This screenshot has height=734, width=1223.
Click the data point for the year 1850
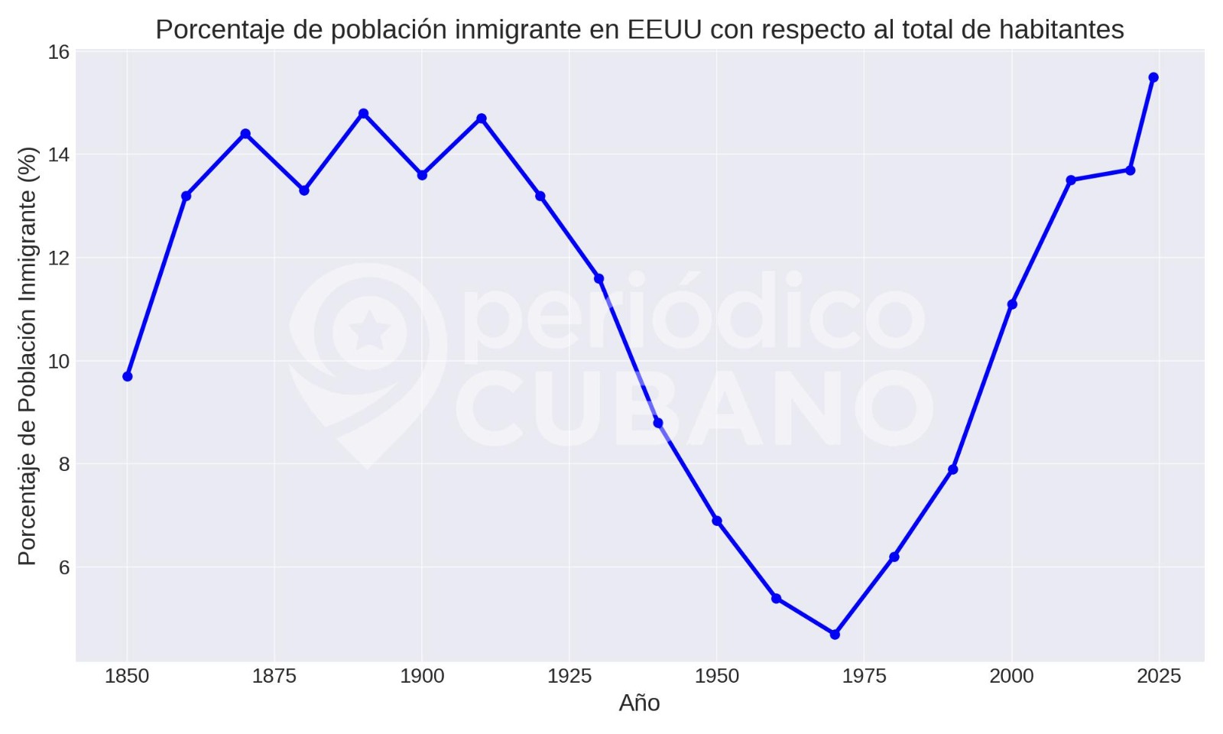coord(128,376)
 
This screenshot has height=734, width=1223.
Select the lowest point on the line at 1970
coord(835,635)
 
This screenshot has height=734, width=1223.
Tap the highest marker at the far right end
coord(1153,77)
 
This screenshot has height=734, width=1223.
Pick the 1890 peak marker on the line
coord(364,113)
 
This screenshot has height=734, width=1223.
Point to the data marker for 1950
coord(717,521)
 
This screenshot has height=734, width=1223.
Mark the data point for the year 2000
coord(1012,304)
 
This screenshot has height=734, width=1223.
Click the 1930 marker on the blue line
coord(599,278)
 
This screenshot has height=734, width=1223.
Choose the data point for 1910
coord(482,119)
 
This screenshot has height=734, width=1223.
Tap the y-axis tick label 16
coord(59,52)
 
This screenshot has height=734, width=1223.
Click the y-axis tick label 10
coord(59,361)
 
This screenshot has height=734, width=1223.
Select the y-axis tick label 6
coord(64,567)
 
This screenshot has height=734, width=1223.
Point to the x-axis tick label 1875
coord(274,676)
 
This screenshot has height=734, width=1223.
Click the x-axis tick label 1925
coord(569,676)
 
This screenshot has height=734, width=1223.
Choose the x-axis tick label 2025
coord(1159,676)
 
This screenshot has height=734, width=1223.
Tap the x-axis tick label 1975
coord(864,676)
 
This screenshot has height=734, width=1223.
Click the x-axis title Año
coord(639,703)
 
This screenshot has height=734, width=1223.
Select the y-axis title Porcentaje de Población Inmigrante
coord(28,356)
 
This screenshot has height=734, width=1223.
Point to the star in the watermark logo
coord(370,332)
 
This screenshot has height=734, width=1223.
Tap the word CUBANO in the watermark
coord(694,409)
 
